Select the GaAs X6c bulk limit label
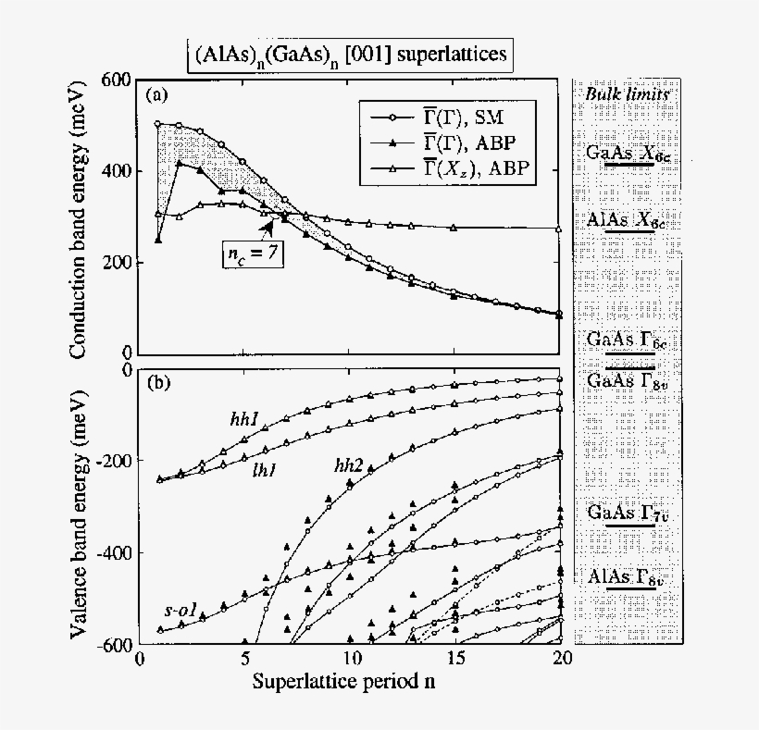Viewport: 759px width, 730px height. (627, 154)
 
